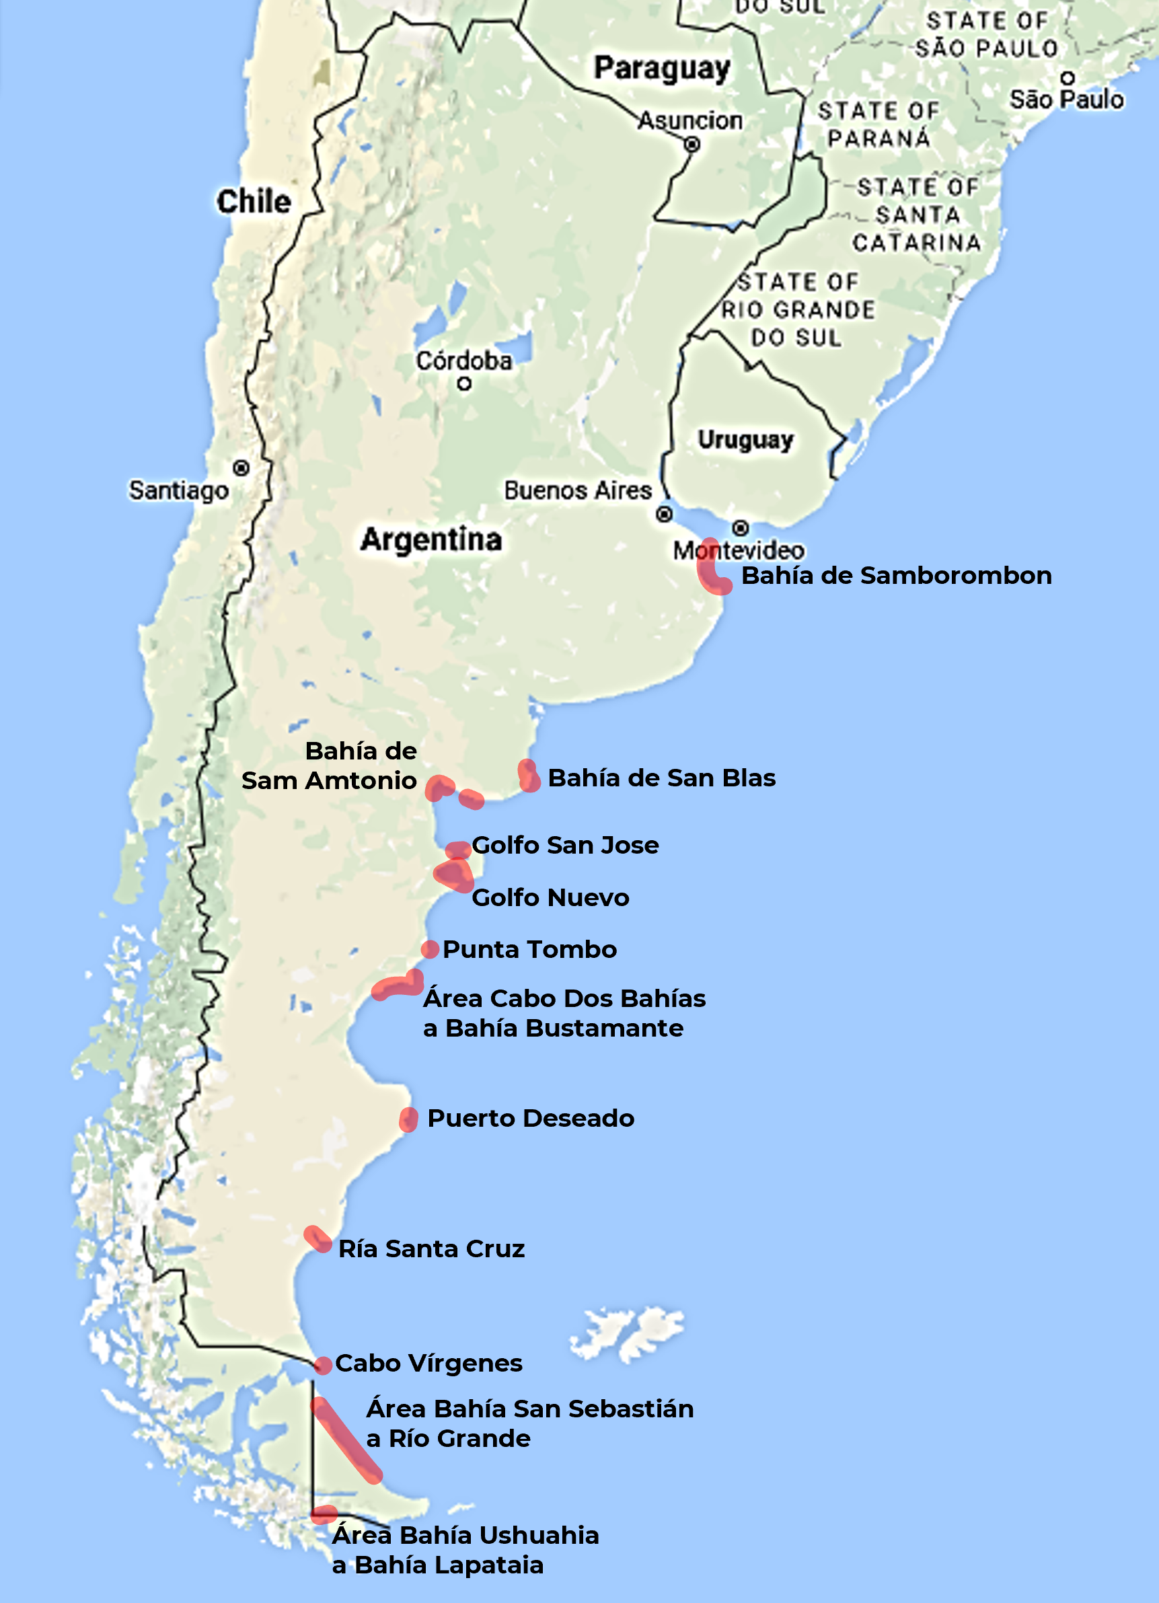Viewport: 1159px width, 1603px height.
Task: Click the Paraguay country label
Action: click(661, 69)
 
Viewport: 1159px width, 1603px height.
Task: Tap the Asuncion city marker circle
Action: click(692, 144)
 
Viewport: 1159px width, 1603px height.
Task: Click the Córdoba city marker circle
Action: click(464, 384)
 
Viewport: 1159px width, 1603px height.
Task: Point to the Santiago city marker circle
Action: click(241, 468)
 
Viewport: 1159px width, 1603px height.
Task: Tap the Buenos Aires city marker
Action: click(665, 515)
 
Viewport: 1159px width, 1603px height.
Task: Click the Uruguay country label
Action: click(745, 440)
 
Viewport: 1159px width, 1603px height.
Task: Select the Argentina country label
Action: click(431, 540)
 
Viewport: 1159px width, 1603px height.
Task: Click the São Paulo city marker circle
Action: click(1068, 78)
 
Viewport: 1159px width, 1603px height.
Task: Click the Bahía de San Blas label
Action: click(661, 778)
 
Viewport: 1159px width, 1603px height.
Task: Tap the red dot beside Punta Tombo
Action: click(430, 949)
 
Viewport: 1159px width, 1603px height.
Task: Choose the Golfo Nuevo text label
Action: click(550, 897)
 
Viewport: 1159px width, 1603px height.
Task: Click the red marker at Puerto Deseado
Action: click(408, 1119)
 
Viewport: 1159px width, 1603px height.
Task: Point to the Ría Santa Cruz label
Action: click(432, 1249)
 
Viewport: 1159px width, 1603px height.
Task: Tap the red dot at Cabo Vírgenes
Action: click(323, 1366)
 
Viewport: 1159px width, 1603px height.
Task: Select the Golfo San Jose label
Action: click(565, 846)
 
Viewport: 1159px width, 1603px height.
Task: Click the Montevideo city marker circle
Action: click(740, 528)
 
